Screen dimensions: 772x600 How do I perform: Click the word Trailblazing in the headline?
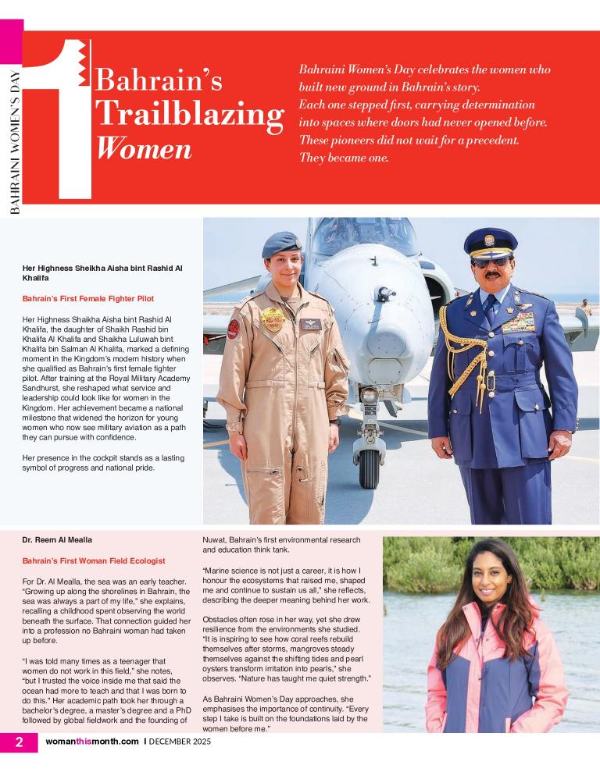coord(188,115)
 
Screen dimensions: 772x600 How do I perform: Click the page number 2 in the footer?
coord(18,742)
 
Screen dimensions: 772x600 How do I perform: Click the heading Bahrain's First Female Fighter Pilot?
coord(87,299)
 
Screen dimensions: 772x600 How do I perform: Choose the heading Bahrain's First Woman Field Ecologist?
coord(93,560)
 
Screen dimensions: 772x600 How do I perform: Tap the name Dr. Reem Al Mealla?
coord(57,539)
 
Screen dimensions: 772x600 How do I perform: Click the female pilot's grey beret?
coord(281,244)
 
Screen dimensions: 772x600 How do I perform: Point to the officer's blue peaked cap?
coord(490,242)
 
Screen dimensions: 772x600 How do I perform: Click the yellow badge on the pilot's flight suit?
coord(273,318)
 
